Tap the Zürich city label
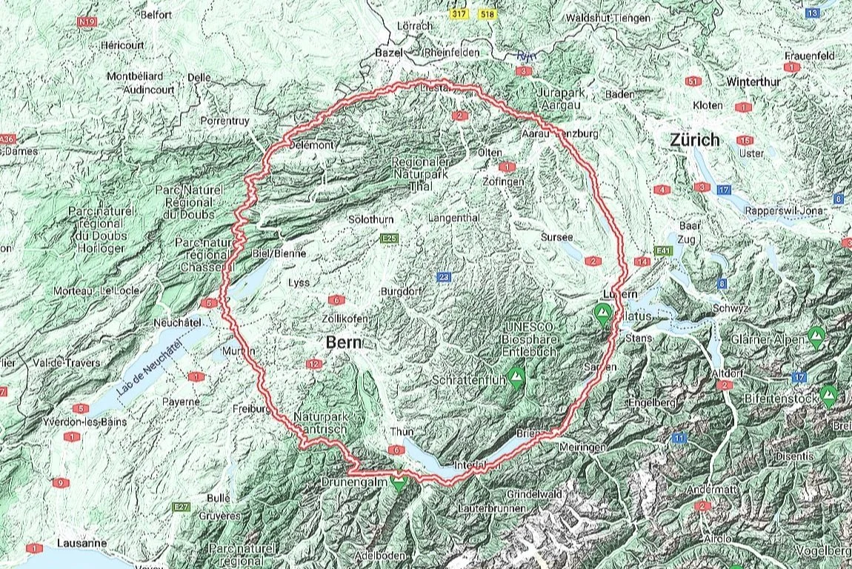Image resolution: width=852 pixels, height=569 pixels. coord(694,139)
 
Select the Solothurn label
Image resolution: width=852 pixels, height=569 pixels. coord(370,220)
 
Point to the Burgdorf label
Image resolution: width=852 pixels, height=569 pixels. coord(401,291)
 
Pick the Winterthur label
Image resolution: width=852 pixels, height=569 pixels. coord(733,81)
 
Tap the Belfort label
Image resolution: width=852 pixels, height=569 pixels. coord(156,14)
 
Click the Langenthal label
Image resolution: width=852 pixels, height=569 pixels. coord(454,218)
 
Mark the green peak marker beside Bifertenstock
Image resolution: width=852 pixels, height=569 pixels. coord(829,393)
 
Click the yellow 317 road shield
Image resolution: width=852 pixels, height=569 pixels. coord(461,14)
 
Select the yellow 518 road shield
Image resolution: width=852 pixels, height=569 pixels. coord(487,14)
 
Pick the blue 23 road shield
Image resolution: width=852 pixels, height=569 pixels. coord(444,277)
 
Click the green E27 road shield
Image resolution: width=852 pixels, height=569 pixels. coord(182,507)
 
